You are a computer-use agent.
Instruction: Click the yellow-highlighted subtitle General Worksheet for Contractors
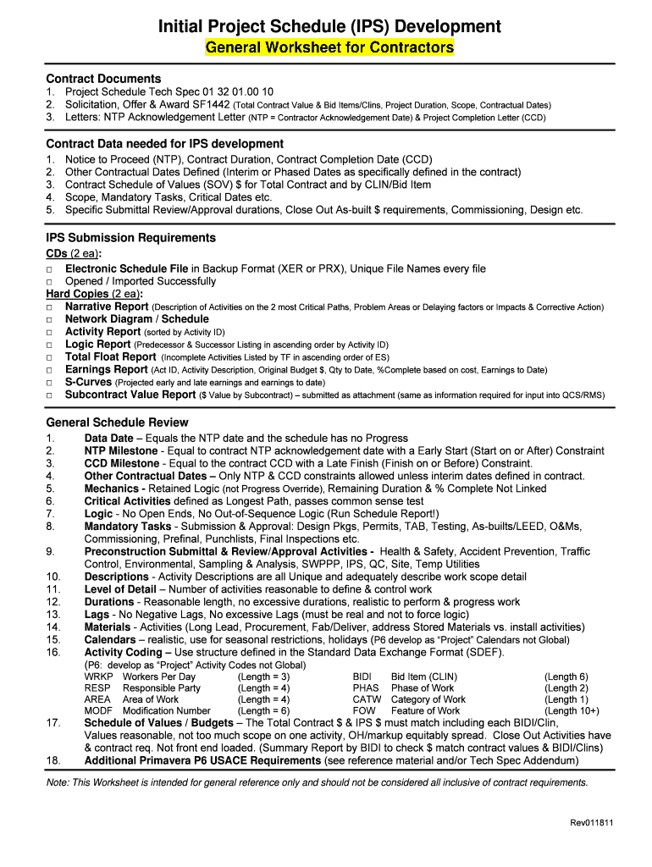tap(329, 47)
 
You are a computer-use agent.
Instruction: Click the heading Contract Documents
tap(102, 79)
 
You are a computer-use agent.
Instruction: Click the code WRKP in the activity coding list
tap(98, 676)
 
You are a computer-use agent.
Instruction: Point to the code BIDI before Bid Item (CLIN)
tap(364, 676)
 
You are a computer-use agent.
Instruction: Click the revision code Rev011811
tap(591, 823)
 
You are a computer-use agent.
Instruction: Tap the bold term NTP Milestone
tap(121, 451)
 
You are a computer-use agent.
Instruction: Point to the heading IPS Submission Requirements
tap(130, 238)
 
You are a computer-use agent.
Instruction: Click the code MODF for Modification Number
tap(98, 711)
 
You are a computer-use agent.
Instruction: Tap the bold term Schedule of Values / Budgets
tap(160, 723)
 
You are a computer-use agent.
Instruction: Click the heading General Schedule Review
tap(117, 422)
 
